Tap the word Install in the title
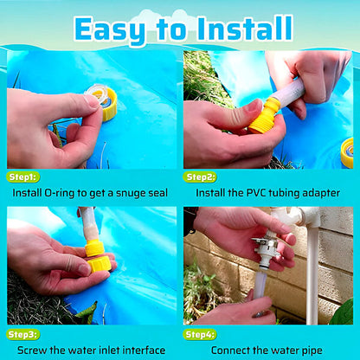[246, 28]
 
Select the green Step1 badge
[22, 177]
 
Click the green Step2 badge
[200, 177]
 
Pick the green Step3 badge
[22, 335]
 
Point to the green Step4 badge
[200, 335]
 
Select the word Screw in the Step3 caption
[32, 350]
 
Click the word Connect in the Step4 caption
[230, 350]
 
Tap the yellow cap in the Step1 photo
[108, 104]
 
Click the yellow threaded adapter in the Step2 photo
[263, 117]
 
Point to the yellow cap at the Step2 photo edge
[347, 153]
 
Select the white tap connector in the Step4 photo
[267, 247]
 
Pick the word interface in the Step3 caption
[144, 350]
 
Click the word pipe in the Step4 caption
[312, 351]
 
